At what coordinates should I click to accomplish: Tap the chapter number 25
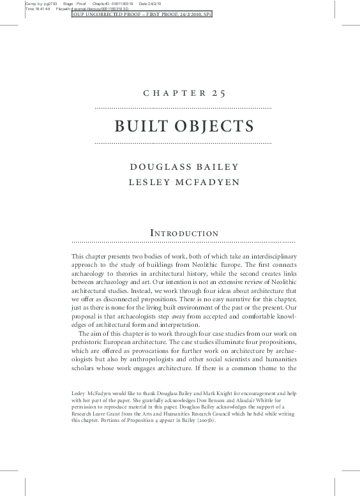(x=219, y=93)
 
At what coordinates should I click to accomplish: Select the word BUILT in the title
(x=141, y=126)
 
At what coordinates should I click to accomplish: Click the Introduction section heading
(x=184, y=234)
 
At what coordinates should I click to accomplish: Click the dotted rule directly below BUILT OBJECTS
(x=183, y=143)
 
